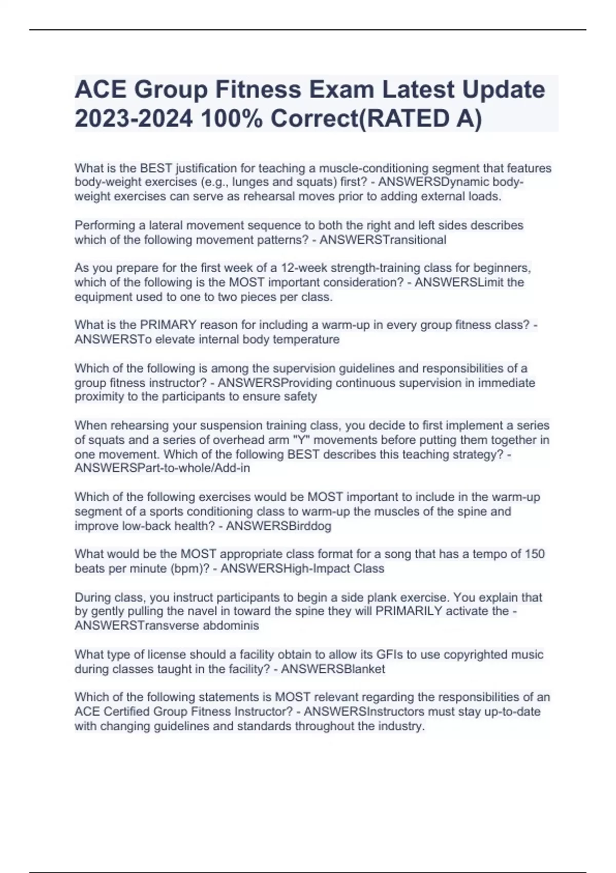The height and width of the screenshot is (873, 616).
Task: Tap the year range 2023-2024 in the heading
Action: click(x=134, y=119)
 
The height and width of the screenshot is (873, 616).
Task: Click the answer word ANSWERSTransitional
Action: click(x=382, y=240)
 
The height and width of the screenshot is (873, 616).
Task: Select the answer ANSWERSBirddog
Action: click(x=279, y=526)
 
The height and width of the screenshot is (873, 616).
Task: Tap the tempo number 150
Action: click(x=534, y=554)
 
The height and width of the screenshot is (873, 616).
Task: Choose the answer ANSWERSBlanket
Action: click(x=333, y=669)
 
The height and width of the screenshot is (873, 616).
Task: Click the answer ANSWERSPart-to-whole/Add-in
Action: click(x=162, y=468)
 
